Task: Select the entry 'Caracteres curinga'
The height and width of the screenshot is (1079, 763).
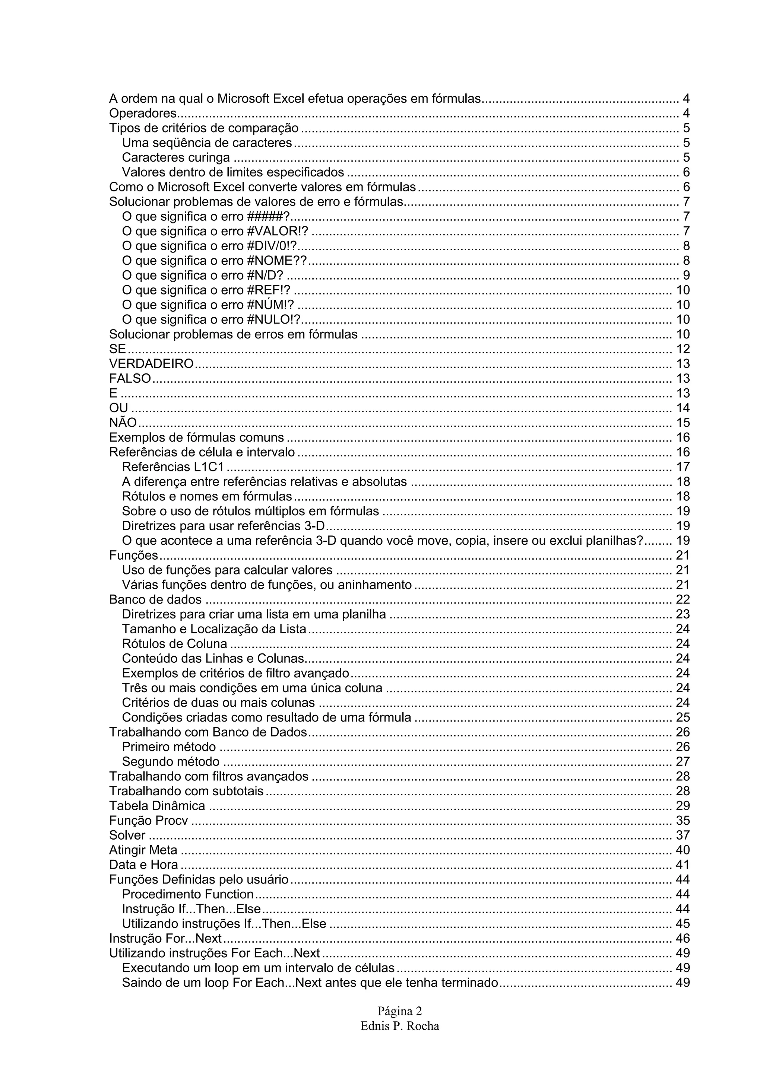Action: click(x=176, y=157)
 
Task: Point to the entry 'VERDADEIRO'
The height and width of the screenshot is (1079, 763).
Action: click(x=151, y=364)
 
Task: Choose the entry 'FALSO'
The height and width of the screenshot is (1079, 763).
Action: click(x=130, y=378)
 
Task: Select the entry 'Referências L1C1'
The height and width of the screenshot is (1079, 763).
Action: click(x=172, y=467)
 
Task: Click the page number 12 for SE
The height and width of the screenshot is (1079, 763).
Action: click(x=683, y=349)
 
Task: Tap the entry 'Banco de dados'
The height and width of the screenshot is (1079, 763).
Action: click(x=155, y=600)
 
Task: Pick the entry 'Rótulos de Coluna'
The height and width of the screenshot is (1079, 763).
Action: click(x=174, y=644)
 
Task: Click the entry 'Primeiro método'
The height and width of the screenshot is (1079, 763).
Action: click(x=169, y=747)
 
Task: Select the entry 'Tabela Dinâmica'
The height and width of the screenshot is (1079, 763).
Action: click(x=157, y=806)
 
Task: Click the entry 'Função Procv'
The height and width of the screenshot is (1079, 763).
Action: click(x=149, y=821)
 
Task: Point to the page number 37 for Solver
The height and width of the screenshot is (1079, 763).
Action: click(x=683, y=835)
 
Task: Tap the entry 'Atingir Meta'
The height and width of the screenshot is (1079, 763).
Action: click(x=143, y=850)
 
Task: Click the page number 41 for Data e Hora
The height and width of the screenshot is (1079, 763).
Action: click(x=683, y=865)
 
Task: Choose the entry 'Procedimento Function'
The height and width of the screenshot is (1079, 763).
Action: click(x=187, y=894)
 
